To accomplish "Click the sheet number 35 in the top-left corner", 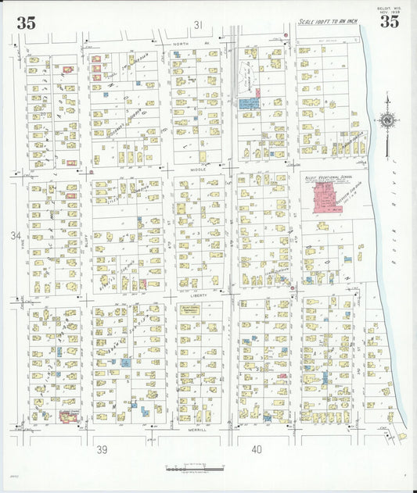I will tap(26, 23).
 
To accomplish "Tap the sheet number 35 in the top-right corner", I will tap(389, 22).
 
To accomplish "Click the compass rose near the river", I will tap(386, 121).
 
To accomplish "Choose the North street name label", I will tap(182, 45).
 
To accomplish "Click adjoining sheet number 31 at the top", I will tap(199, 25).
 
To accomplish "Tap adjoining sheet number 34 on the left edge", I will tap(16, 235).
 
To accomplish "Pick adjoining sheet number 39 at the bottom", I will tap(102, 449).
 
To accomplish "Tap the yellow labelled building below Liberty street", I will tap(190, 310).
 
